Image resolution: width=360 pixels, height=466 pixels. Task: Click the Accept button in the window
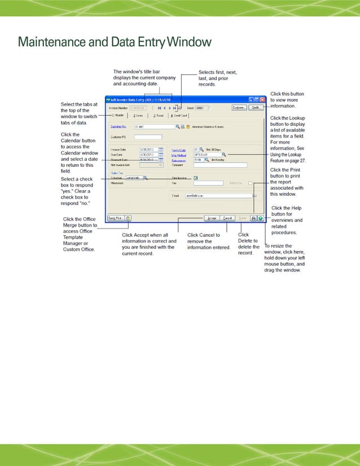(x=212, y=218)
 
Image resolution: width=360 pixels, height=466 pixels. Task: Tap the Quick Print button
(x=115, y=218)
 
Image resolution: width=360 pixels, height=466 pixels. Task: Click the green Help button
(x=261, y=218)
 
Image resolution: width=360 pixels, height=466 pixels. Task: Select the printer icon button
(x=254, y=218)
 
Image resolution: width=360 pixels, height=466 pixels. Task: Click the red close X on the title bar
(x=262, y=98)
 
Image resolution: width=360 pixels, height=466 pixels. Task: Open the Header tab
(x=117, y=115)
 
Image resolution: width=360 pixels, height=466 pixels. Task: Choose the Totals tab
(x=157, y=115)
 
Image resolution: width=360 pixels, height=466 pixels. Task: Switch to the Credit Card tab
(x=180, y=115)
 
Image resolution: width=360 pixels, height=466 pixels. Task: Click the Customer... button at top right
(x=239, y=107)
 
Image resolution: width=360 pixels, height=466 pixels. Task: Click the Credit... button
(x=256, y=107)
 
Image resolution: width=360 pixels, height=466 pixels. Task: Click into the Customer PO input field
(x=148, y=137)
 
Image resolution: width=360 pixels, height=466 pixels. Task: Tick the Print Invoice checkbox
(x=195, y=178)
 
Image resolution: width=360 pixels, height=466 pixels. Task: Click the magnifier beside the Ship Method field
(x=223, y=154)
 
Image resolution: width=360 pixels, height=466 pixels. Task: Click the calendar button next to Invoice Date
(x=161, y=150)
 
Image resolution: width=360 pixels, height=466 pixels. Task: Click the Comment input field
(x=220, y=165)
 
